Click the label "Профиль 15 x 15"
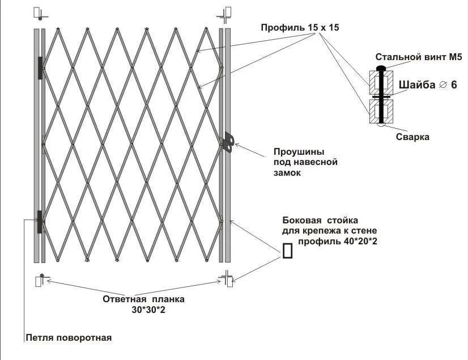[300, 27]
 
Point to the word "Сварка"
[412, 137]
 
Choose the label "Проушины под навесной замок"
[305, 163]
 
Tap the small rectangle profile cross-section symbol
[288, 249]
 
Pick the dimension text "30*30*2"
[147, 310]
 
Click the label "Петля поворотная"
[69, 338]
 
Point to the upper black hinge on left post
[40, 68]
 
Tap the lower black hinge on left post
[40, 221]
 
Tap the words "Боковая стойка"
[320, 220]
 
